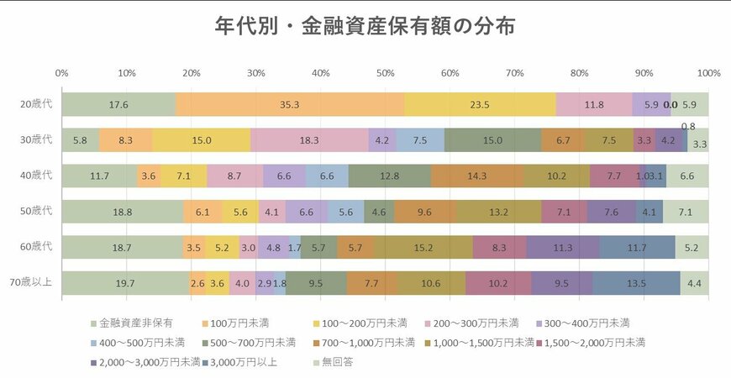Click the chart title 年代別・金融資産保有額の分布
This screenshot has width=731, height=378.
tap(365, 25)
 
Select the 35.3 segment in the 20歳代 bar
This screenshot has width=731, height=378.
tap(290, 105)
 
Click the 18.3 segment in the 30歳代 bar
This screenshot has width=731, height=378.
tap(309, 140)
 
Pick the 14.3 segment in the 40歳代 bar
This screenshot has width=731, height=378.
tap(476, 176)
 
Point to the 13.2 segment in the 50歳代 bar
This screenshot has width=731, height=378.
tap(499, 212)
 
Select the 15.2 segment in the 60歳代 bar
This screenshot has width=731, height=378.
tap(423, 248)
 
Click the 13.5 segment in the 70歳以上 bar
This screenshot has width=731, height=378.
tap(636, 283)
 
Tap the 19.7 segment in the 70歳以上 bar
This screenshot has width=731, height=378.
tap(125, 283)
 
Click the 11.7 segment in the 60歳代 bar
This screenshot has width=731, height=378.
tap(637, 248)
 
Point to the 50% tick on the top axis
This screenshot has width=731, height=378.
tap(385, 73)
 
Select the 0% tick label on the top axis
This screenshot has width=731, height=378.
tap(61, 73)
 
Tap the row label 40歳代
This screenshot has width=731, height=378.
tap(36, 176)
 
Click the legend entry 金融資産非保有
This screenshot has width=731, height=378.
tap(126, 322)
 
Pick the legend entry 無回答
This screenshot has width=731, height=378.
tap(332, 362)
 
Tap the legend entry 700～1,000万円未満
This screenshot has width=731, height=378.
tap(374, 342)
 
